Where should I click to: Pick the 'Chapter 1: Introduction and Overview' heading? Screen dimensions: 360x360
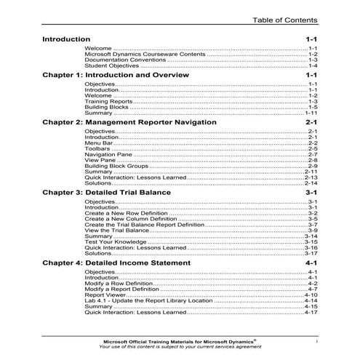coord(116,75)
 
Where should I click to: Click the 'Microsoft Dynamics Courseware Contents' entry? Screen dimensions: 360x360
coord(144,55)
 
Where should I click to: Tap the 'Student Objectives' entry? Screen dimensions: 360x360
coord(109,67)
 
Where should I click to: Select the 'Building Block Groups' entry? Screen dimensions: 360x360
coord(117,167)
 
